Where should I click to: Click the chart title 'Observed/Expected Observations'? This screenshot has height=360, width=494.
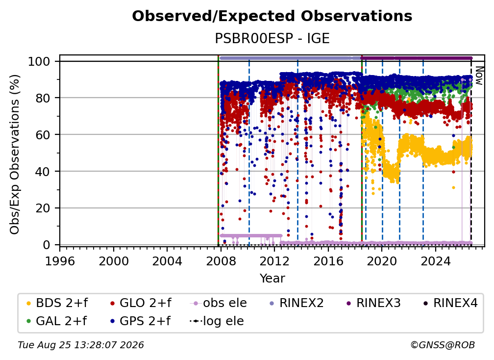tap(272, 16)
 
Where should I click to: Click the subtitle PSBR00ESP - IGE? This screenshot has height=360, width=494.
tap(272, 39)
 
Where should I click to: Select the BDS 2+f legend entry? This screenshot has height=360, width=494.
tap(57, 303)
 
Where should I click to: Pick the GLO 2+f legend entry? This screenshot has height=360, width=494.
tap(141, 303)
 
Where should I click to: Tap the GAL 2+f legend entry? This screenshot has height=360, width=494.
tap(56, 321)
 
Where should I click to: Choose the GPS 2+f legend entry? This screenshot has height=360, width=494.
tap(140, 321)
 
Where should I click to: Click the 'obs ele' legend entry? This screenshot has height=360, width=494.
tap(219, 303)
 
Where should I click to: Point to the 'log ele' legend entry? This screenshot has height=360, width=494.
tap(217, 321)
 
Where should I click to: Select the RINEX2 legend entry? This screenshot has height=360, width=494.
tap(296, 303)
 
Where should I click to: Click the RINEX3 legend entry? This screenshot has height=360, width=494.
tap(373, 303)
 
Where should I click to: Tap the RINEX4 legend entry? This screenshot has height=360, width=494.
tap(450, 303)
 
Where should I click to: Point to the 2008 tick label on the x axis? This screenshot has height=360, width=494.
tap(221, 261)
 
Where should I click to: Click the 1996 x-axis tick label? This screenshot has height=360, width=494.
tap(60, 261)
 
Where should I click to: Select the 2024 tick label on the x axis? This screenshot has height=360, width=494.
tap(435, 261)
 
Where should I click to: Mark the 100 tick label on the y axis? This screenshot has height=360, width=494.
tap(39, 61)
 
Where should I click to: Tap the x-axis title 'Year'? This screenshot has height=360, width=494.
tap(272, 279)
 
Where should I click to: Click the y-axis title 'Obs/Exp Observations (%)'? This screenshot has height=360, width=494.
tap(15, 154)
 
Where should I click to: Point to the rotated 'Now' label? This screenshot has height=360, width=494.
tap(479, 76)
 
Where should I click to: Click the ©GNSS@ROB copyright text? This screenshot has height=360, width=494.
tap(443, 345)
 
